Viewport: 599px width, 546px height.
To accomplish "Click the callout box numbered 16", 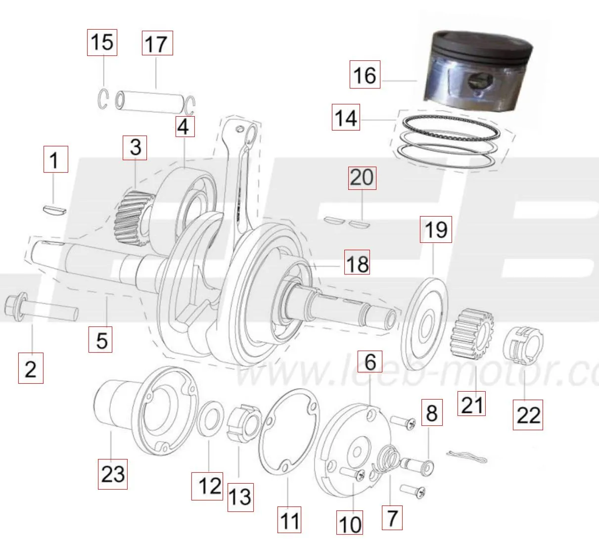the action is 365,74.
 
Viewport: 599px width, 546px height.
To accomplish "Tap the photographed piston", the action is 478,70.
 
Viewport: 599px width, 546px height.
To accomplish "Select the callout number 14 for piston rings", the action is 346,117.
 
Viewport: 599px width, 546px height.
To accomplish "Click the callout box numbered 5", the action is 100,339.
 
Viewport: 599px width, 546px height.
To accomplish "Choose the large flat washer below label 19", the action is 424,324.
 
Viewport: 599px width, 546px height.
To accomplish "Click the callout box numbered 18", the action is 357,262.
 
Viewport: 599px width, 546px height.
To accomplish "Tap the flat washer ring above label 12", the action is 210,418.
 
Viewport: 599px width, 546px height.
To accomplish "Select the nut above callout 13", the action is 244,424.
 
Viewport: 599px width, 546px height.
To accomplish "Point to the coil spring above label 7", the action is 387,459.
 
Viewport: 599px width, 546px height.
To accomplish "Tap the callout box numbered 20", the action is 362,178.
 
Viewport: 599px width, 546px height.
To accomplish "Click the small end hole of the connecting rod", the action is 252,134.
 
